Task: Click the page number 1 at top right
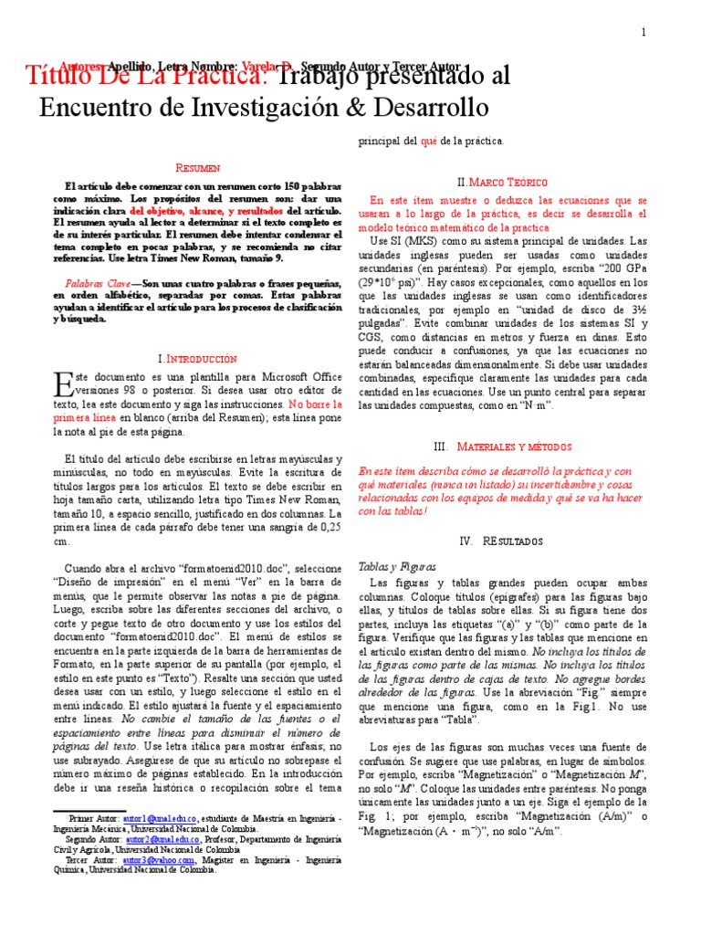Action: [x=643, y=34]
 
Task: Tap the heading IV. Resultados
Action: [x=502, y=541]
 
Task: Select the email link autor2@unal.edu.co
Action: [x=149, y=837]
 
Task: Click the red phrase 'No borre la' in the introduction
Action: [x=316, y=403]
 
